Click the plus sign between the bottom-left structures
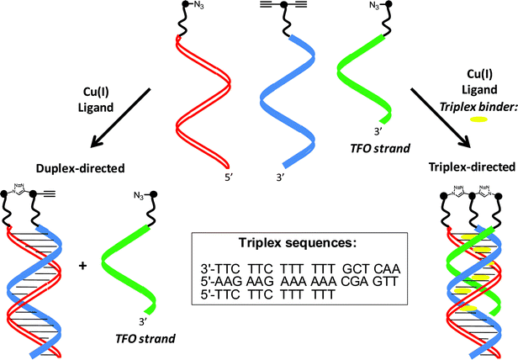click(82, 266)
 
